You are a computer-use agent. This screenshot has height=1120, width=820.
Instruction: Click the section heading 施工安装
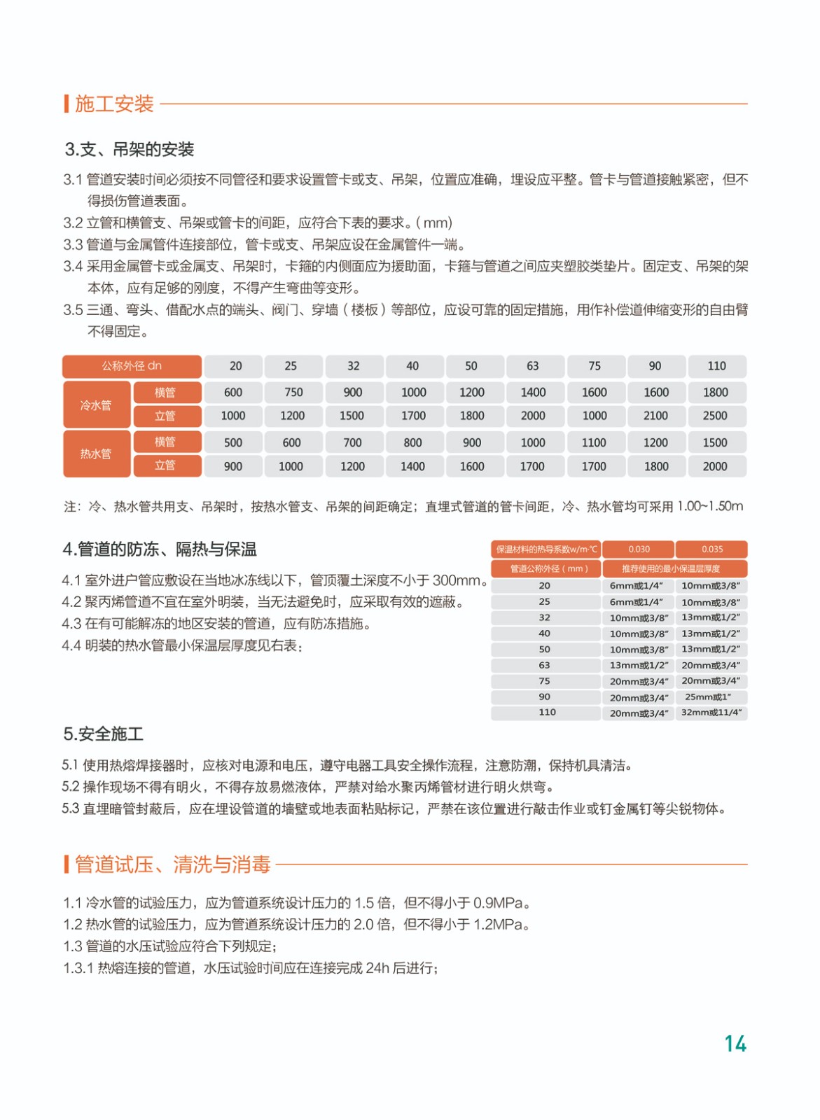[114, 104]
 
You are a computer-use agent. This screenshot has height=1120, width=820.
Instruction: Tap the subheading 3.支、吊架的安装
[130, 149]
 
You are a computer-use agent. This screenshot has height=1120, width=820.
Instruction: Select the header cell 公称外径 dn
[132, 366]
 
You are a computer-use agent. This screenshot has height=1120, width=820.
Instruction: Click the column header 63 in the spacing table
[533, 366]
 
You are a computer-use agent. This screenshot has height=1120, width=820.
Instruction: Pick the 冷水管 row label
[96, 405]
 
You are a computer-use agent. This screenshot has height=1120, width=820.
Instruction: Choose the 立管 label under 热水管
[165, 465]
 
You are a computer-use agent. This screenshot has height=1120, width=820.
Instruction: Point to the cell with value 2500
[715, 416]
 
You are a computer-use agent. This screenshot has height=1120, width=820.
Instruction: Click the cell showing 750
[293, 393]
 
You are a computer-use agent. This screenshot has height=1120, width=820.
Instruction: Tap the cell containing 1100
[594, 442]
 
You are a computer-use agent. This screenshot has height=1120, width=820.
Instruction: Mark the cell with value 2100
[655, 416]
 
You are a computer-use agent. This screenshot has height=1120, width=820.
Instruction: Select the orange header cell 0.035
[711, 549]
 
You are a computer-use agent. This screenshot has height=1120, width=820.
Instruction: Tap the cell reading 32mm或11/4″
[711, 713]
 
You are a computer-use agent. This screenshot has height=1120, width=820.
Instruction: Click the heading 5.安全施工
[104, 734]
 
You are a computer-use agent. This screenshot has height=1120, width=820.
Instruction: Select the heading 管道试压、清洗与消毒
[172, 864]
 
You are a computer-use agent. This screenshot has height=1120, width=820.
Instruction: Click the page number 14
[735, 1044]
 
